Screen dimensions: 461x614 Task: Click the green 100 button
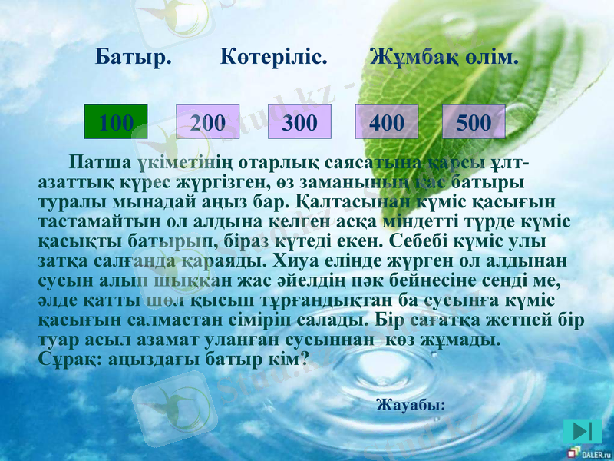(x=115, y=121)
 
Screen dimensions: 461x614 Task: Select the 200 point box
(x=208, y=121)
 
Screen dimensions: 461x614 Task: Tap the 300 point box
(x=299, y=121)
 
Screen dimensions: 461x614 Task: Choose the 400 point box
(x=387, y=121)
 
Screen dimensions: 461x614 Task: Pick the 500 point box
(x=474, y=121)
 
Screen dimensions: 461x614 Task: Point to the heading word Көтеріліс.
(x=274, y=58)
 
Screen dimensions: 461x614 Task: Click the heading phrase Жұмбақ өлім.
(x=444, y=58)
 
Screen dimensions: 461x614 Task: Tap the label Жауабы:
(x=410, y=404)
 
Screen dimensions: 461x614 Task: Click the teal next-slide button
(x=582, y=432)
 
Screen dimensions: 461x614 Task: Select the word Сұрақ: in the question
(x=65, y=358)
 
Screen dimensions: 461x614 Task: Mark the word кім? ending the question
(x=291, y=358)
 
